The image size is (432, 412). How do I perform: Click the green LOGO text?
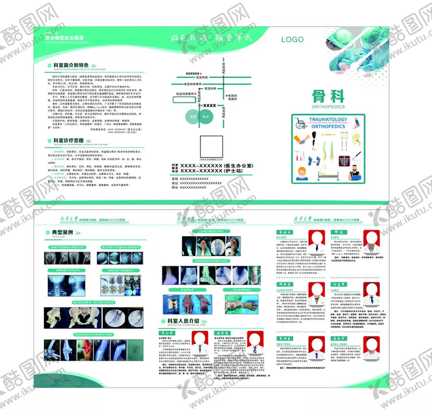tap(292, 40)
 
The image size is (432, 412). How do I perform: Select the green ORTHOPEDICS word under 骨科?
tap(328, 106)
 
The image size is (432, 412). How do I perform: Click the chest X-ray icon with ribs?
tap(344, 161)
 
